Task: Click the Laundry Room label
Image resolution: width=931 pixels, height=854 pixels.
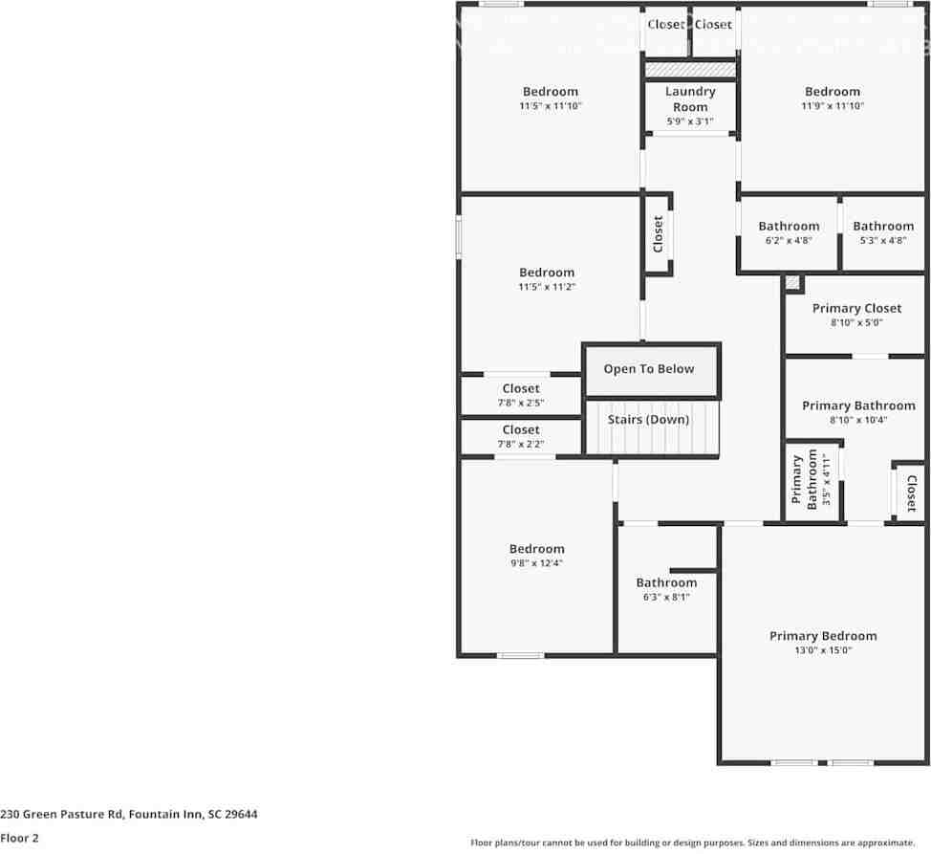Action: coord(690,99)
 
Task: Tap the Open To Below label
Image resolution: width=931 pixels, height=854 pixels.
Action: coord(649,369)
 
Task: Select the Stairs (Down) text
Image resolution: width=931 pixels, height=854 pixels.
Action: coord(649,420)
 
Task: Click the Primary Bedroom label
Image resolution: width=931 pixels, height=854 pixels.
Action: coord(823,636)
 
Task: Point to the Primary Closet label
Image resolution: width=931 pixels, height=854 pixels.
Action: coord(856,308)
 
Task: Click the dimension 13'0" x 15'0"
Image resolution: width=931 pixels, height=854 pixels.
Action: coord(823,650)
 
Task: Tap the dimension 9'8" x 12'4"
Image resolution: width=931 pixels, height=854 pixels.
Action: coord(536,563)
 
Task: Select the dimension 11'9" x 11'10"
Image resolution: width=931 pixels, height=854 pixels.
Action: coord(833,106)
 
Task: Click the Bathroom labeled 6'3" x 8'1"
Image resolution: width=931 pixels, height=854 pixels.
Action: coord(666,582)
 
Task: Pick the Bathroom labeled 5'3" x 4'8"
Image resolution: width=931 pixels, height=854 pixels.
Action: coord(883,227)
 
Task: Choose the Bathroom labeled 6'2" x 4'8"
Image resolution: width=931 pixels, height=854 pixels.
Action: coord(789,227)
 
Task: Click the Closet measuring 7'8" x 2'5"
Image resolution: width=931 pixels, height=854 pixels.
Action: coord(521,389)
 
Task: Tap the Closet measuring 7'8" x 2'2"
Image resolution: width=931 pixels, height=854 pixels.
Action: coord(521,430)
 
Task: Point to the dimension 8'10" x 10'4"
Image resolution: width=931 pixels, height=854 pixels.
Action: coord(857,420)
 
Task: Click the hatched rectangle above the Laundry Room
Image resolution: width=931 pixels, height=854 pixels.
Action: coord(690,70)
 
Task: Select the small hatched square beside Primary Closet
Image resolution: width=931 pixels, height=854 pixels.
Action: coord(792,283)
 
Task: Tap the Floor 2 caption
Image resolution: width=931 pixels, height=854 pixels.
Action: coord(20,838)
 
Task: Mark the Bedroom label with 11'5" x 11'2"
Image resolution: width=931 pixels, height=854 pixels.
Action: coord(547,273)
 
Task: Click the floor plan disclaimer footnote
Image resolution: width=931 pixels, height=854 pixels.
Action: coord(692,843)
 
